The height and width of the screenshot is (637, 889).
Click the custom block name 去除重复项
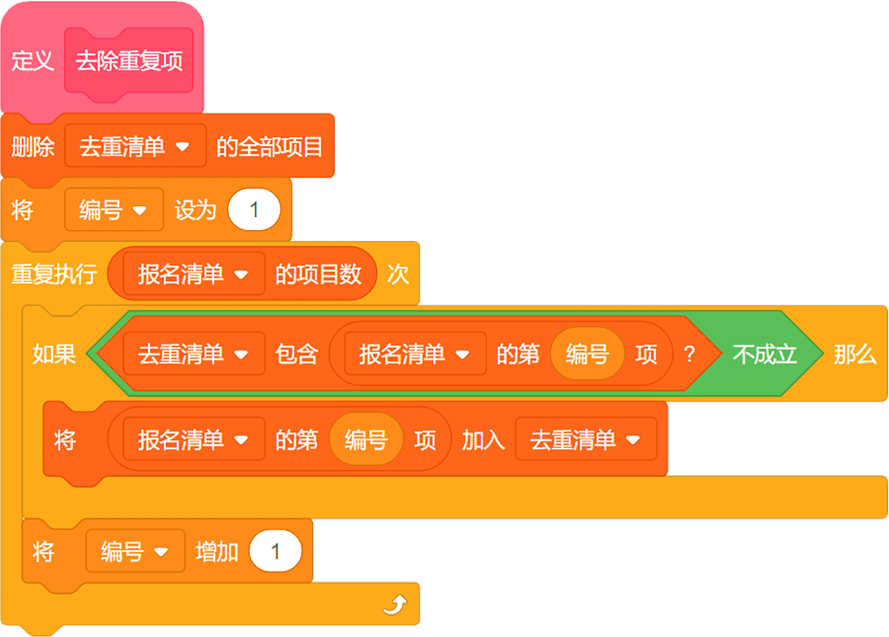coord(129,61)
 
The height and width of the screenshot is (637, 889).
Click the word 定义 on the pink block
coord(33,61)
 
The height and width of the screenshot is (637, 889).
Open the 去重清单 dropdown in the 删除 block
coord(135,146)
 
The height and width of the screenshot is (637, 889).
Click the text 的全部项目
coord(270,146)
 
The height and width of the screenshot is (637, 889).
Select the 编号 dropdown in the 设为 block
coord(114,210)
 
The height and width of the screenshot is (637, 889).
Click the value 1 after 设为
coord(254,210)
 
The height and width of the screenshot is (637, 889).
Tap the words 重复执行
coord(54,274)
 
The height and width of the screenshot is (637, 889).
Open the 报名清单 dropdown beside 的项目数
coord(193,274)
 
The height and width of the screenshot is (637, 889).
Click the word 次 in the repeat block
coord(398,274)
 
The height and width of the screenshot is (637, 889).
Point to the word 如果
coord(54,354)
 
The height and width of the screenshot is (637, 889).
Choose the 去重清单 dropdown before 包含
coord(193,354)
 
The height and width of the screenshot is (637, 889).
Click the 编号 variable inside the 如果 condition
coord(587,354)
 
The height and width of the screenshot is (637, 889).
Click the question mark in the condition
coord(689,354)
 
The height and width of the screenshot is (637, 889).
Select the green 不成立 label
coord(765,354)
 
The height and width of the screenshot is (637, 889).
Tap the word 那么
coord(855,354)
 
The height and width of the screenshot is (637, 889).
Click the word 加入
coord(483,439)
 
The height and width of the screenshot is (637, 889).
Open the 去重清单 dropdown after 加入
coord(586,439)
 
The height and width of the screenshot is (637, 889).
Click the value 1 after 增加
coord(275,551)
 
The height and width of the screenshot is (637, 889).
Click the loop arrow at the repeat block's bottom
coord(396,605)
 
